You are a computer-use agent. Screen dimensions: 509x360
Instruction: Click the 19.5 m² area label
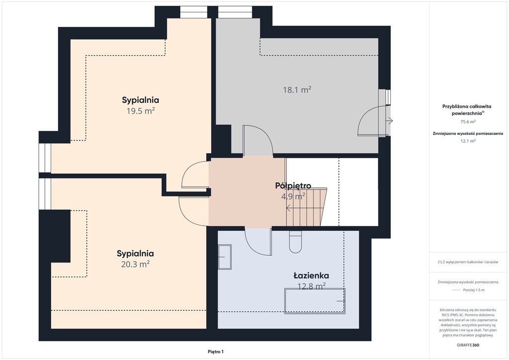(140, 111)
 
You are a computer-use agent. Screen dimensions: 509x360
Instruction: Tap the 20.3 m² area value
(135, 264)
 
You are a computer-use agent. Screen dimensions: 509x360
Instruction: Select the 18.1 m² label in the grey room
(297, 90)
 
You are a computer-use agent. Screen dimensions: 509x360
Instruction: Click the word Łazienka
(311, 275)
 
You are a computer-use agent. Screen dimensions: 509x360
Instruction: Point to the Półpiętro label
(293, 185)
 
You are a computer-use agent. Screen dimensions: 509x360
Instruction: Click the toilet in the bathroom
(295, 242)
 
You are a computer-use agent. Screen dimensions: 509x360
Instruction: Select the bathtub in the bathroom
(315, 301)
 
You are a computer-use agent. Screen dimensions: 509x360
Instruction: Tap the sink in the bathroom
(225, 257)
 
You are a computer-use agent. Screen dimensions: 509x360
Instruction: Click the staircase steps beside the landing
(306, 207)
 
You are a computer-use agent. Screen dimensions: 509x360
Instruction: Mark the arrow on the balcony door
(390, 121)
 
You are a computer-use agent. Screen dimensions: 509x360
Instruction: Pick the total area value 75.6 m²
(468, 122)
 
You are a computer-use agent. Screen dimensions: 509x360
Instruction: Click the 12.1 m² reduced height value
(468, 141)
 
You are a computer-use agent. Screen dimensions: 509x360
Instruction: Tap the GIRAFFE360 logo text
(468, 345)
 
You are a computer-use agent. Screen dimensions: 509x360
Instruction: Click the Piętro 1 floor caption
(216, 352)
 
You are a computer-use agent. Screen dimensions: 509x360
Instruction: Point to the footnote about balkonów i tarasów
(468, 262)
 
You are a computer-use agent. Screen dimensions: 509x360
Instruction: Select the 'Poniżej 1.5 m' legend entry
(474, 290)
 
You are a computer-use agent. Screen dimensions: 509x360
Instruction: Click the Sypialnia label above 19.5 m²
(140, 100)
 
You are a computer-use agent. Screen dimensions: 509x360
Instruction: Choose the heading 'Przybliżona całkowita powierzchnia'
(467, 110)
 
